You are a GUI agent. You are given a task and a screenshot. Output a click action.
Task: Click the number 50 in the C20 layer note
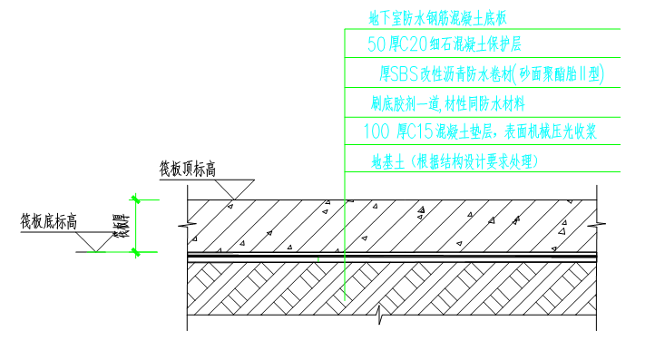pos(376,44)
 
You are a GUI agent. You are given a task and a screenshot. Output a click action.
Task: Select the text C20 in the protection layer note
pos(414,44)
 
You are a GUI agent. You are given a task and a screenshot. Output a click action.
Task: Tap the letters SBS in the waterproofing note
pos(404,74)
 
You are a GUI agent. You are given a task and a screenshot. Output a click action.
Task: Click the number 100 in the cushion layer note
pos(376,132)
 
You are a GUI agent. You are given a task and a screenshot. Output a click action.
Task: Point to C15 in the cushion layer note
pos(420,132)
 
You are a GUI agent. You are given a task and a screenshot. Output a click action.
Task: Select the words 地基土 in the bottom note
pos(387,162)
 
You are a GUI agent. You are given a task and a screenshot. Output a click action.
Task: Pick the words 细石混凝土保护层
pos(475,44)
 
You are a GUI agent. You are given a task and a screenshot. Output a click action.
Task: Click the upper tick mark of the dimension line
pos(135,199)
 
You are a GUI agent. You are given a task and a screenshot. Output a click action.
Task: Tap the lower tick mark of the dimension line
pos(136,252)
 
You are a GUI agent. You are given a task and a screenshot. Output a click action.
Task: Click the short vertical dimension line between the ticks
pos(136,226)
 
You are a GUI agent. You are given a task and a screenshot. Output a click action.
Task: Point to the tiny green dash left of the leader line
pos(318,259)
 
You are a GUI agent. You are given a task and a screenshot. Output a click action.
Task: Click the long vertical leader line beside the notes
pos(345,227)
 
